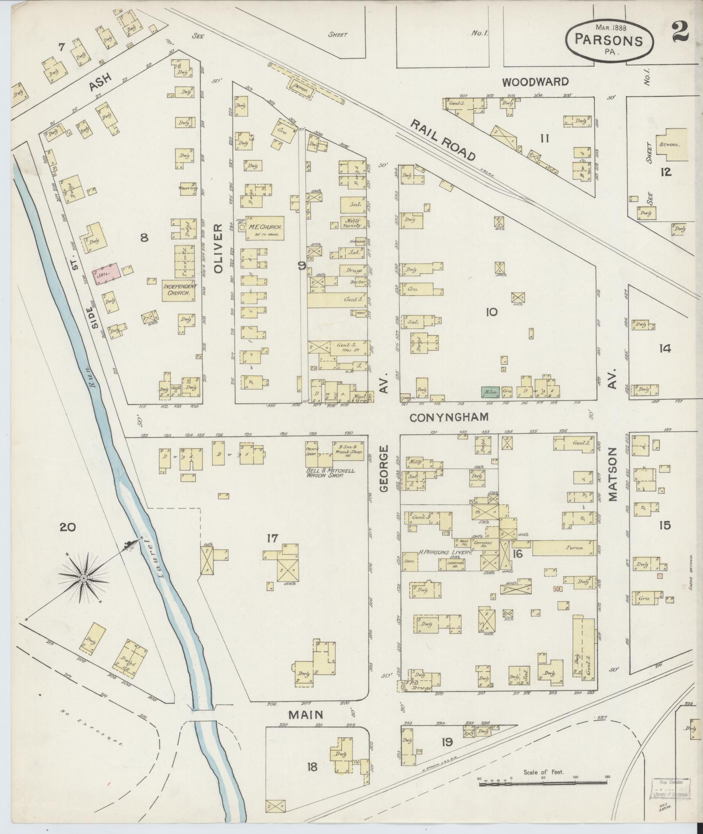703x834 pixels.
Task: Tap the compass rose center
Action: click(83, 578)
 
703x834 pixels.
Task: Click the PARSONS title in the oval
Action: click(609, 40)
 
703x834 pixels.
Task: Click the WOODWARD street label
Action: click(535, 82)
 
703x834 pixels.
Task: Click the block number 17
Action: click(272, 539)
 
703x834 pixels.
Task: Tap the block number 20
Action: click(68, 528)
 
